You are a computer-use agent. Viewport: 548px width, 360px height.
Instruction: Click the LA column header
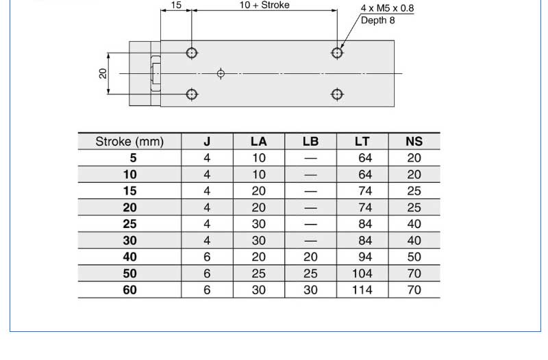(x=259, y=142)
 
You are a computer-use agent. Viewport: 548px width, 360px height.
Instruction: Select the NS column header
(x=414, y=142)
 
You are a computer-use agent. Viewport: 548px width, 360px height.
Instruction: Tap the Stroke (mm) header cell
(x=129, y=142)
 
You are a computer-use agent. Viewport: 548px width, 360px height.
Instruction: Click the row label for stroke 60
(x=129, y=290)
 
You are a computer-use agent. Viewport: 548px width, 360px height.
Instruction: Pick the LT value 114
(x=362, y=290)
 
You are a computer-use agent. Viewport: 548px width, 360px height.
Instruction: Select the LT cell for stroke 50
(x=362, y=274)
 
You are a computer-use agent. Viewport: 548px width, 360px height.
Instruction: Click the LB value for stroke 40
(x=310, y=257)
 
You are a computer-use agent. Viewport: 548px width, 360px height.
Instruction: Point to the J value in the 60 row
(x=207, y=290)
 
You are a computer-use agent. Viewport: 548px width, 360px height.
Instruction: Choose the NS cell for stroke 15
(x=414, y=191)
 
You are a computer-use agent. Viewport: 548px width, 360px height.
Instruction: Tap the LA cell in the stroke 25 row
(x=259, y=224)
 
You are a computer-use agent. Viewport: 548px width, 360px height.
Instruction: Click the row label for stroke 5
(x=129, y=158)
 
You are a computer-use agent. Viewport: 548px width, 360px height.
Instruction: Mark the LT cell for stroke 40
(x=362, y=257)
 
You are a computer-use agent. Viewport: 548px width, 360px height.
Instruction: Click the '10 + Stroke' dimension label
(x=264, y=5)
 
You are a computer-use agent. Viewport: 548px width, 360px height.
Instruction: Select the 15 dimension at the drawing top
(x=176, y=5)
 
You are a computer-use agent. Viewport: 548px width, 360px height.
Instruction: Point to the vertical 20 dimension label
(x=103, y=73)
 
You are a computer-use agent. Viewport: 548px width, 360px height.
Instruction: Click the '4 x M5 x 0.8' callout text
(x=387, y=9)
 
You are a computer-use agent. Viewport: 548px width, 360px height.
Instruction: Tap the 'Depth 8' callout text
(x=378, y=21)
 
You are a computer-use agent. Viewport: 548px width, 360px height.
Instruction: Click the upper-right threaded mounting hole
(x=337, y=52)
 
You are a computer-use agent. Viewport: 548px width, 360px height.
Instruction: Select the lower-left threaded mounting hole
(x=192, y=94)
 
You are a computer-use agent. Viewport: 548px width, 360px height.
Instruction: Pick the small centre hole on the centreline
(x=221, y=73)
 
